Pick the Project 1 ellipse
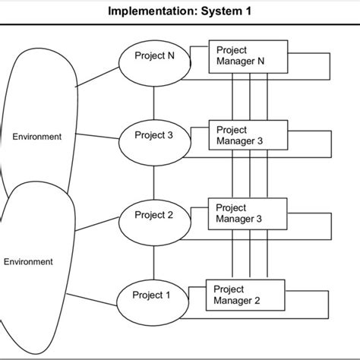click(x=152, y=296)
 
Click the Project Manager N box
click(x=247, y=56)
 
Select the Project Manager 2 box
click(x=245, y=295)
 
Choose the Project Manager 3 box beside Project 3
click(x=247, y=135)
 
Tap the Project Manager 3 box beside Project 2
click(x=247, y=213)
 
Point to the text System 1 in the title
click(x=226, y=11)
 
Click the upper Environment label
click(x=36, y=137)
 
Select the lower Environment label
click(x=29, y=262)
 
